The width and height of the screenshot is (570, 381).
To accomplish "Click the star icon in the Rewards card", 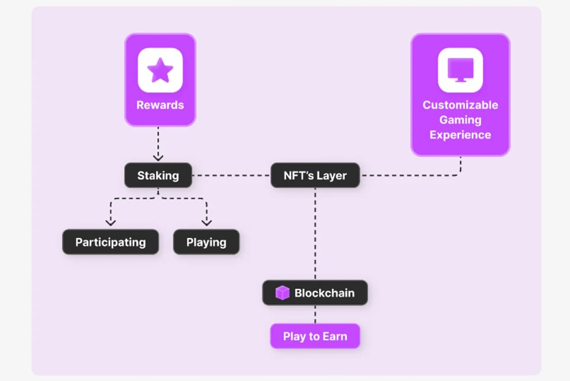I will [x=160, y=70].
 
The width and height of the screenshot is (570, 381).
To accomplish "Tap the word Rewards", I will [x=160, y=105].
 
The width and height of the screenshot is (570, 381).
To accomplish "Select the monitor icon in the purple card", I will [x=460, y=70].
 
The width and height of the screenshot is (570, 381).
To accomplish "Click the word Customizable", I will [x=460, y=105].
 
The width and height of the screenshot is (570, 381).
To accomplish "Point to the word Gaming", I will [x=460, y=120].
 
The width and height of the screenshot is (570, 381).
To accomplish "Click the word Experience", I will [x=460, y=135].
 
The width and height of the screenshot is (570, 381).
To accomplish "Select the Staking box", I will [x=158, y=175].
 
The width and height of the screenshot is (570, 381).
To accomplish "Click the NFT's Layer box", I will [x=315, y=175].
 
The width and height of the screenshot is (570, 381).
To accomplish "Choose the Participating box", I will [x=111, y=242].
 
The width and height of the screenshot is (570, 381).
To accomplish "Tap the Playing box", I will [x=206, y=242].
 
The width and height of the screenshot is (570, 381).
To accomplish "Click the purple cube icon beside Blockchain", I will [x=282, y=293].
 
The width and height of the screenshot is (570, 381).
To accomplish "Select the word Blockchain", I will [x=324, y=293].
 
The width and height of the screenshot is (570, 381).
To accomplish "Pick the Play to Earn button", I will [x=315, y=337].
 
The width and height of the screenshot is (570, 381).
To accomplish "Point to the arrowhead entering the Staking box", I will [x=158, y=158].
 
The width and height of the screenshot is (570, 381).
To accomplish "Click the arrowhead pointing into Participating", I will [x=110, y=223].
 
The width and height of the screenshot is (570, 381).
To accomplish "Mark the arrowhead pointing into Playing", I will [x=206, y=223].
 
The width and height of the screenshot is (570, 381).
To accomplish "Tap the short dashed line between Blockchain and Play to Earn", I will [x=315, y=315].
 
